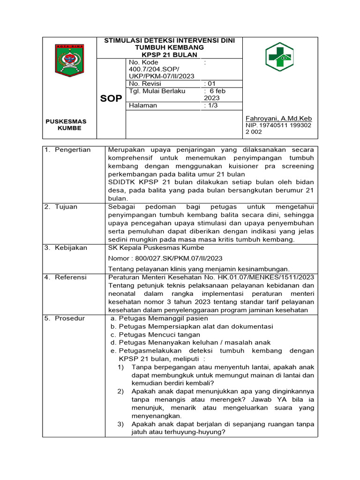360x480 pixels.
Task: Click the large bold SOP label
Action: point(111,99)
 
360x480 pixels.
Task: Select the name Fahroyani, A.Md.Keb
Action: point(279,119)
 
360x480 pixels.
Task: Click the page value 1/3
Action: point(211,105)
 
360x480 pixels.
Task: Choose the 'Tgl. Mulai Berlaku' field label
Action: point(157,91)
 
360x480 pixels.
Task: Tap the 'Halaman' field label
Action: point(142,105)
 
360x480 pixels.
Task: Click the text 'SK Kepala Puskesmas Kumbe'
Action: point(156,248)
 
